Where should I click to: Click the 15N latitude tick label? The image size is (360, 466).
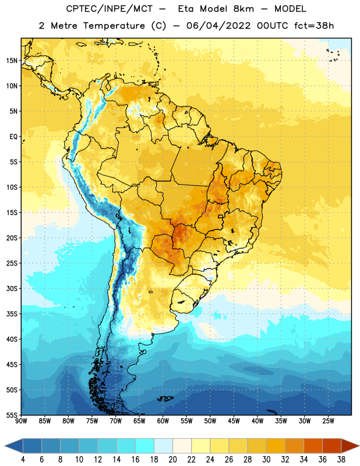coord(12,61)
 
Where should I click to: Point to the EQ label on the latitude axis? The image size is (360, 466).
coord(13,137)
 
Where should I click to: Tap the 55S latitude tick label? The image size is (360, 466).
coord(12,415)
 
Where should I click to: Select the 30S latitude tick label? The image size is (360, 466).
coord(12,288)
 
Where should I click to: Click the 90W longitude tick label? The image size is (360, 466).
coord(21,421)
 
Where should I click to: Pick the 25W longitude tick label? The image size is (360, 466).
coord(328,421)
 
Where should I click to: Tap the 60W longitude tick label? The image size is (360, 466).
coord(163,421)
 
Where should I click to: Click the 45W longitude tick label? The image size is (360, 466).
coord(234,421)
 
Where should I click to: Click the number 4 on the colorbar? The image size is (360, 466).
coord(23,460)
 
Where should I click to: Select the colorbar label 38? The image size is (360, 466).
coord(341,460)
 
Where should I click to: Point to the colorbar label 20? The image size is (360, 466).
coord(172,460)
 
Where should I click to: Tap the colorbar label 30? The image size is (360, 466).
coord(266,460)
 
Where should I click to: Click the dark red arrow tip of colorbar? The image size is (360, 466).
coord(358,446)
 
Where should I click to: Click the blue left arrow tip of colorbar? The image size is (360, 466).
coord(5,446)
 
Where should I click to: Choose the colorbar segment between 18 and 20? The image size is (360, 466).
coord(163,446)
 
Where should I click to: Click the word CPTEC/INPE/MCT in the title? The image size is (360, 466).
coord(109,9)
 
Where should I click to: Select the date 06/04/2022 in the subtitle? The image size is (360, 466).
coord(218,26)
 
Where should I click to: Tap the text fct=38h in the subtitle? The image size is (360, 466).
coord(314,26)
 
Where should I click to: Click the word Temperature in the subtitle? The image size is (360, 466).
coord(114,26)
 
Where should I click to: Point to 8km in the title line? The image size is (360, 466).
coord(243,9)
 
